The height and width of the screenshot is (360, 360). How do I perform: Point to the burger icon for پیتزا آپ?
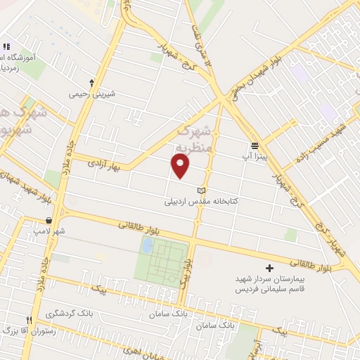(x=255, y=145)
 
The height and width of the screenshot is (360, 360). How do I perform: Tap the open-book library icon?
(x=202, y=191)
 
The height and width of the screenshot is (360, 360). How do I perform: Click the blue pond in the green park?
(x=147, y=245)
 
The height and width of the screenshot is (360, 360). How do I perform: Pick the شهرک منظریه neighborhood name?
(x=195, y=139)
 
